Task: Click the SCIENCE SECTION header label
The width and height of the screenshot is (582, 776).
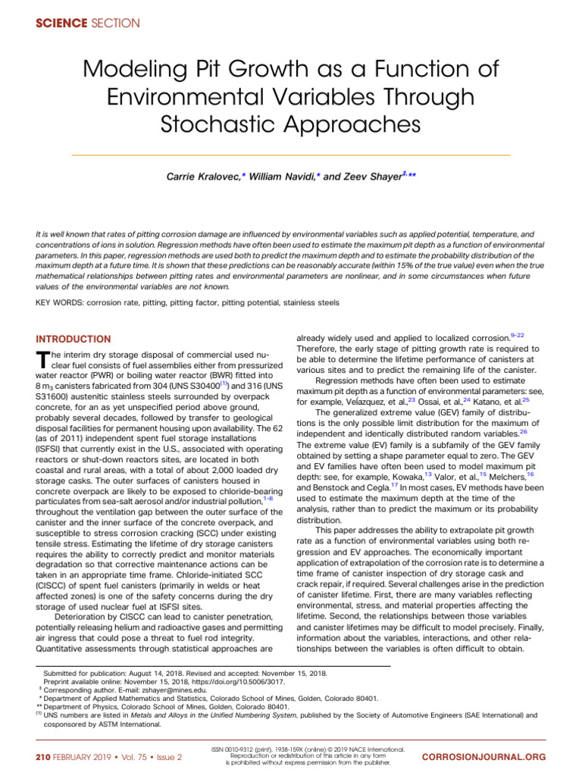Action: [88, 23]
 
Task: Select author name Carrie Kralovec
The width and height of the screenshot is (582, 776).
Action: [202, 176]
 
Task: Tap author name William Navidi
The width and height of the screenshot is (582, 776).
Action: [284, 176]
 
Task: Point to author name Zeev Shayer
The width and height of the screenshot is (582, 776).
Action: [372, 176]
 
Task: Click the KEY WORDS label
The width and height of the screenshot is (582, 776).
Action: [61, 302]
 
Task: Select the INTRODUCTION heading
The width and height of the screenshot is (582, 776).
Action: [73, 339]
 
